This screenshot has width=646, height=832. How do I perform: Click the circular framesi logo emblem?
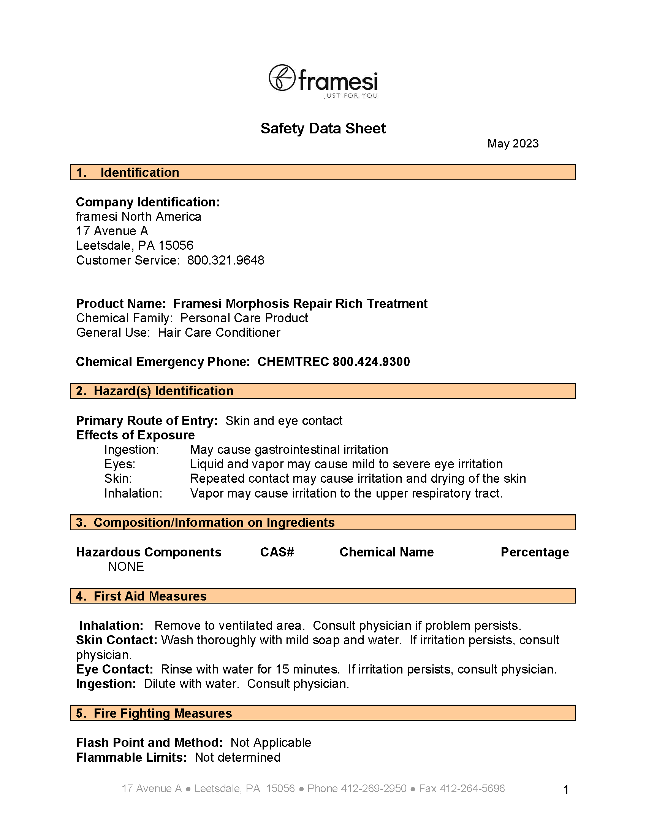[282, 78]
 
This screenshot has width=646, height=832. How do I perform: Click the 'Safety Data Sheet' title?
[323, 128]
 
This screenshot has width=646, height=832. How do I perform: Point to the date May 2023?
[513, 144]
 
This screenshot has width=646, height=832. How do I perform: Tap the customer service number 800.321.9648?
[225, 260]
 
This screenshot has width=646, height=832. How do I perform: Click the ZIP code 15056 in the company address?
[176, 245]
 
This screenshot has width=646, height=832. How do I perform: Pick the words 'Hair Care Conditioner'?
[219, 333]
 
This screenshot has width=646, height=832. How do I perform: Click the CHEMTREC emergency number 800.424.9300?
[371, 361]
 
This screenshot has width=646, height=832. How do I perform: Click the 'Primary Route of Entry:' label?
[147, 421]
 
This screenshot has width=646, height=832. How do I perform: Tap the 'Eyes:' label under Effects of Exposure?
[120, 464]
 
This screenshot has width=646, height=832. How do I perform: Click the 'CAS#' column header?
[277, 552]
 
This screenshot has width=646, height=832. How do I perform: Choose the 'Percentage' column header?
[534, 552]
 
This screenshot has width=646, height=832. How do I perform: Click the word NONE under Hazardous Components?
[126, 566]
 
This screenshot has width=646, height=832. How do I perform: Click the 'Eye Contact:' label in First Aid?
[114, 669]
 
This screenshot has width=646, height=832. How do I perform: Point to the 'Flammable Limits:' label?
[131, 758]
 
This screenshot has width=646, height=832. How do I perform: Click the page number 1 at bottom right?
[566, 790]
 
